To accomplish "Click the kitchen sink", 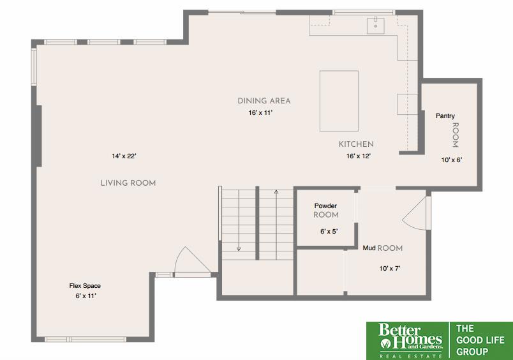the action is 375,26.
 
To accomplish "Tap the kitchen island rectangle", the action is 339,101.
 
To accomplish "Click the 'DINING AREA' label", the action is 264,101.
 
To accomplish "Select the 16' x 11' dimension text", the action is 260,112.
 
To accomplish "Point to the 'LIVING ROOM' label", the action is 128,183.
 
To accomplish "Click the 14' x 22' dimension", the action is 124,156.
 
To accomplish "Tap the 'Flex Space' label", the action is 85,286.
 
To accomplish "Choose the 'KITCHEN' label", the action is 356,144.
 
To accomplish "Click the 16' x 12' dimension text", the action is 358,156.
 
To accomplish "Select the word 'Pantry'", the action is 445,116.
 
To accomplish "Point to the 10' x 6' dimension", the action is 452,160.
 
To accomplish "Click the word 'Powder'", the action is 325,206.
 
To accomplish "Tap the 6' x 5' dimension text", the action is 329,231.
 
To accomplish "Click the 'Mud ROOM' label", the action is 382,248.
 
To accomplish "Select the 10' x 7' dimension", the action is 390,268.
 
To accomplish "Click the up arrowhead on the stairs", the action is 276,191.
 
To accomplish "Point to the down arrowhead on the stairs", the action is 239,249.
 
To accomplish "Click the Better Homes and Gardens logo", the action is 410,341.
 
